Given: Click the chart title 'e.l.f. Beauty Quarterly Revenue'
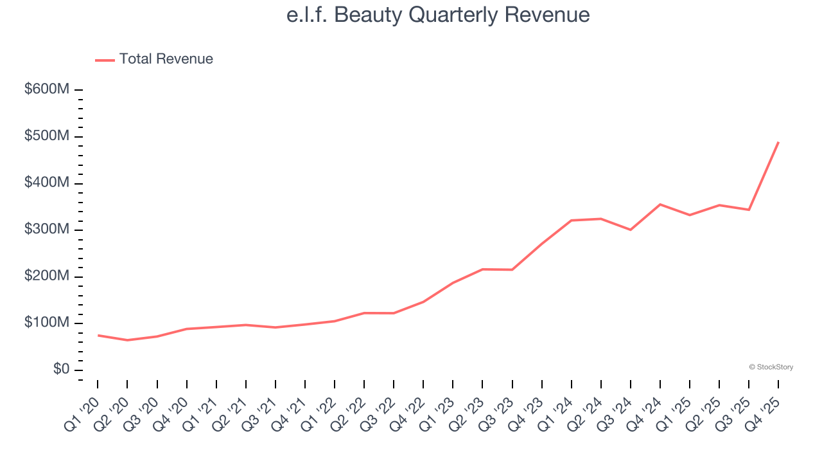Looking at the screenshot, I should pos(438,15).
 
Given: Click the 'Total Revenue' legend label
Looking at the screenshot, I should pos(166,59).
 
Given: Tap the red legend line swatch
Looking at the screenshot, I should pos(105,60).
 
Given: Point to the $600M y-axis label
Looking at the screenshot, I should pos(47,90).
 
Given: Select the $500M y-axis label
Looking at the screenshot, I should pos(47,136).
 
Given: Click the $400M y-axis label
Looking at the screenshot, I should pos(47,183).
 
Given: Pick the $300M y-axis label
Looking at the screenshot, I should pos(47,230).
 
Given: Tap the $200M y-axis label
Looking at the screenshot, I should pos(47,277).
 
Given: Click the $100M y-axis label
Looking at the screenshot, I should pos(47,323).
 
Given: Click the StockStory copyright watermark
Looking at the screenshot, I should pos(771,367).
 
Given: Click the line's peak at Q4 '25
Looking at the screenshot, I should pos(778,142).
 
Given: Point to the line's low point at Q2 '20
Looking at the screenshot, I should pos(127,340).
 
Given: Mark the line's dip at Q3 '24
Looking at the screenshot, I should pos(631,230).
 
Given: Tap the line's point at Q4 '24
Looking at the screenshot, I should pos(660,204).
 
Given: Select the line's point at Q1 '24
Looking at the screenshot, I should pos(572,221).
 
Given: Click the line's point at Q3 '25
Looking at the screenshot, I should pos(749,210).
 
